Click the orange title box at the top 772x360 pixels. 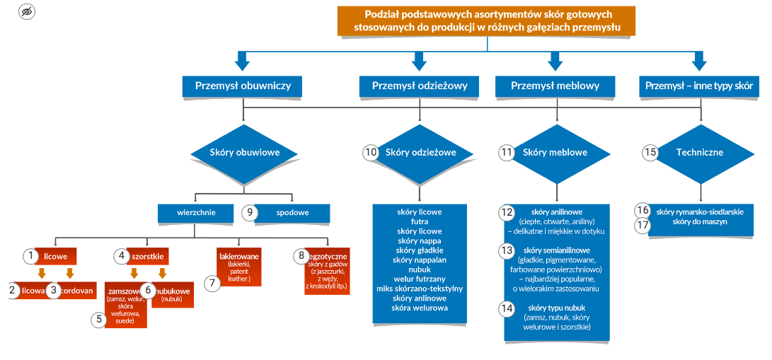486,21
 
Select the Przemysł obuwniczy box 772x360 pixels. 243,86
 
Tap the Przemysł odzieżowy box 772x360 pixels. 420,86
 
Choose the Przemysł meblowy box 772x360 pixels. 555,86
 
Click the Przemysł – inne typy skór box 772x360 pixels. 699,86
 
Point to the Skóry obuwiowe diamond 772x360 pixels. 244,152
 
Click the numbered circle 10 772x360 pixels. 371,152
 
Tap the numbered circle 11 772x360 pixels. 506,152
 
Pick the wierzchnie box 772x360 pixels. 196,211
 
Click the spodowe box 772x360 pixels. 292,211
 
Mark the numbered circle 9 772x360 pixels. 248,211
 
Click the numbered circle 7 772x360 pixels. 211,283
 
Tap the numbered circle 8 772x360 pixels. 301,255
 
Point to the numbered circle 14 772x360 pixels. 506,308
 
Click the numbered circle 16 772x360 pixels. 642,210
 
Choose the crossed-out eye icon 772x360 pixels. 27,12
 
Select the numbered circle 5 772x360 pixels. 99,319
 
